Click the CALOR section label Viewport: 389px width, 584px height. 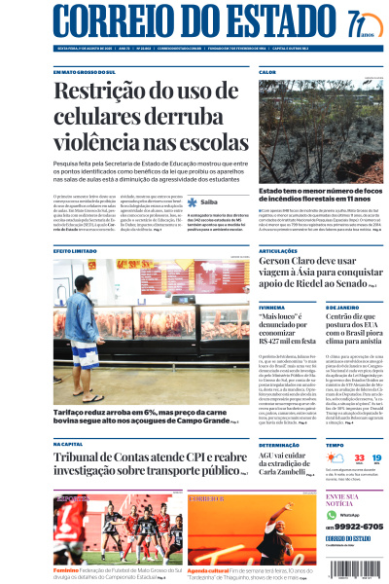(267, 72)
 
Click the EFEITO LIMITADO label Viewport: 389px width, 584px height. (75, 251)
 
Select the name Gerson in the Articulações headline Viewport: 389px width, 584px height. (282, 263)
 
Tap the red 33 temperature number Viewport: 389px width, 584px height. (334, 457)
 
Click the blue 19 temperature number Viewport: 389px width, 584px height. (362, 457)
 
